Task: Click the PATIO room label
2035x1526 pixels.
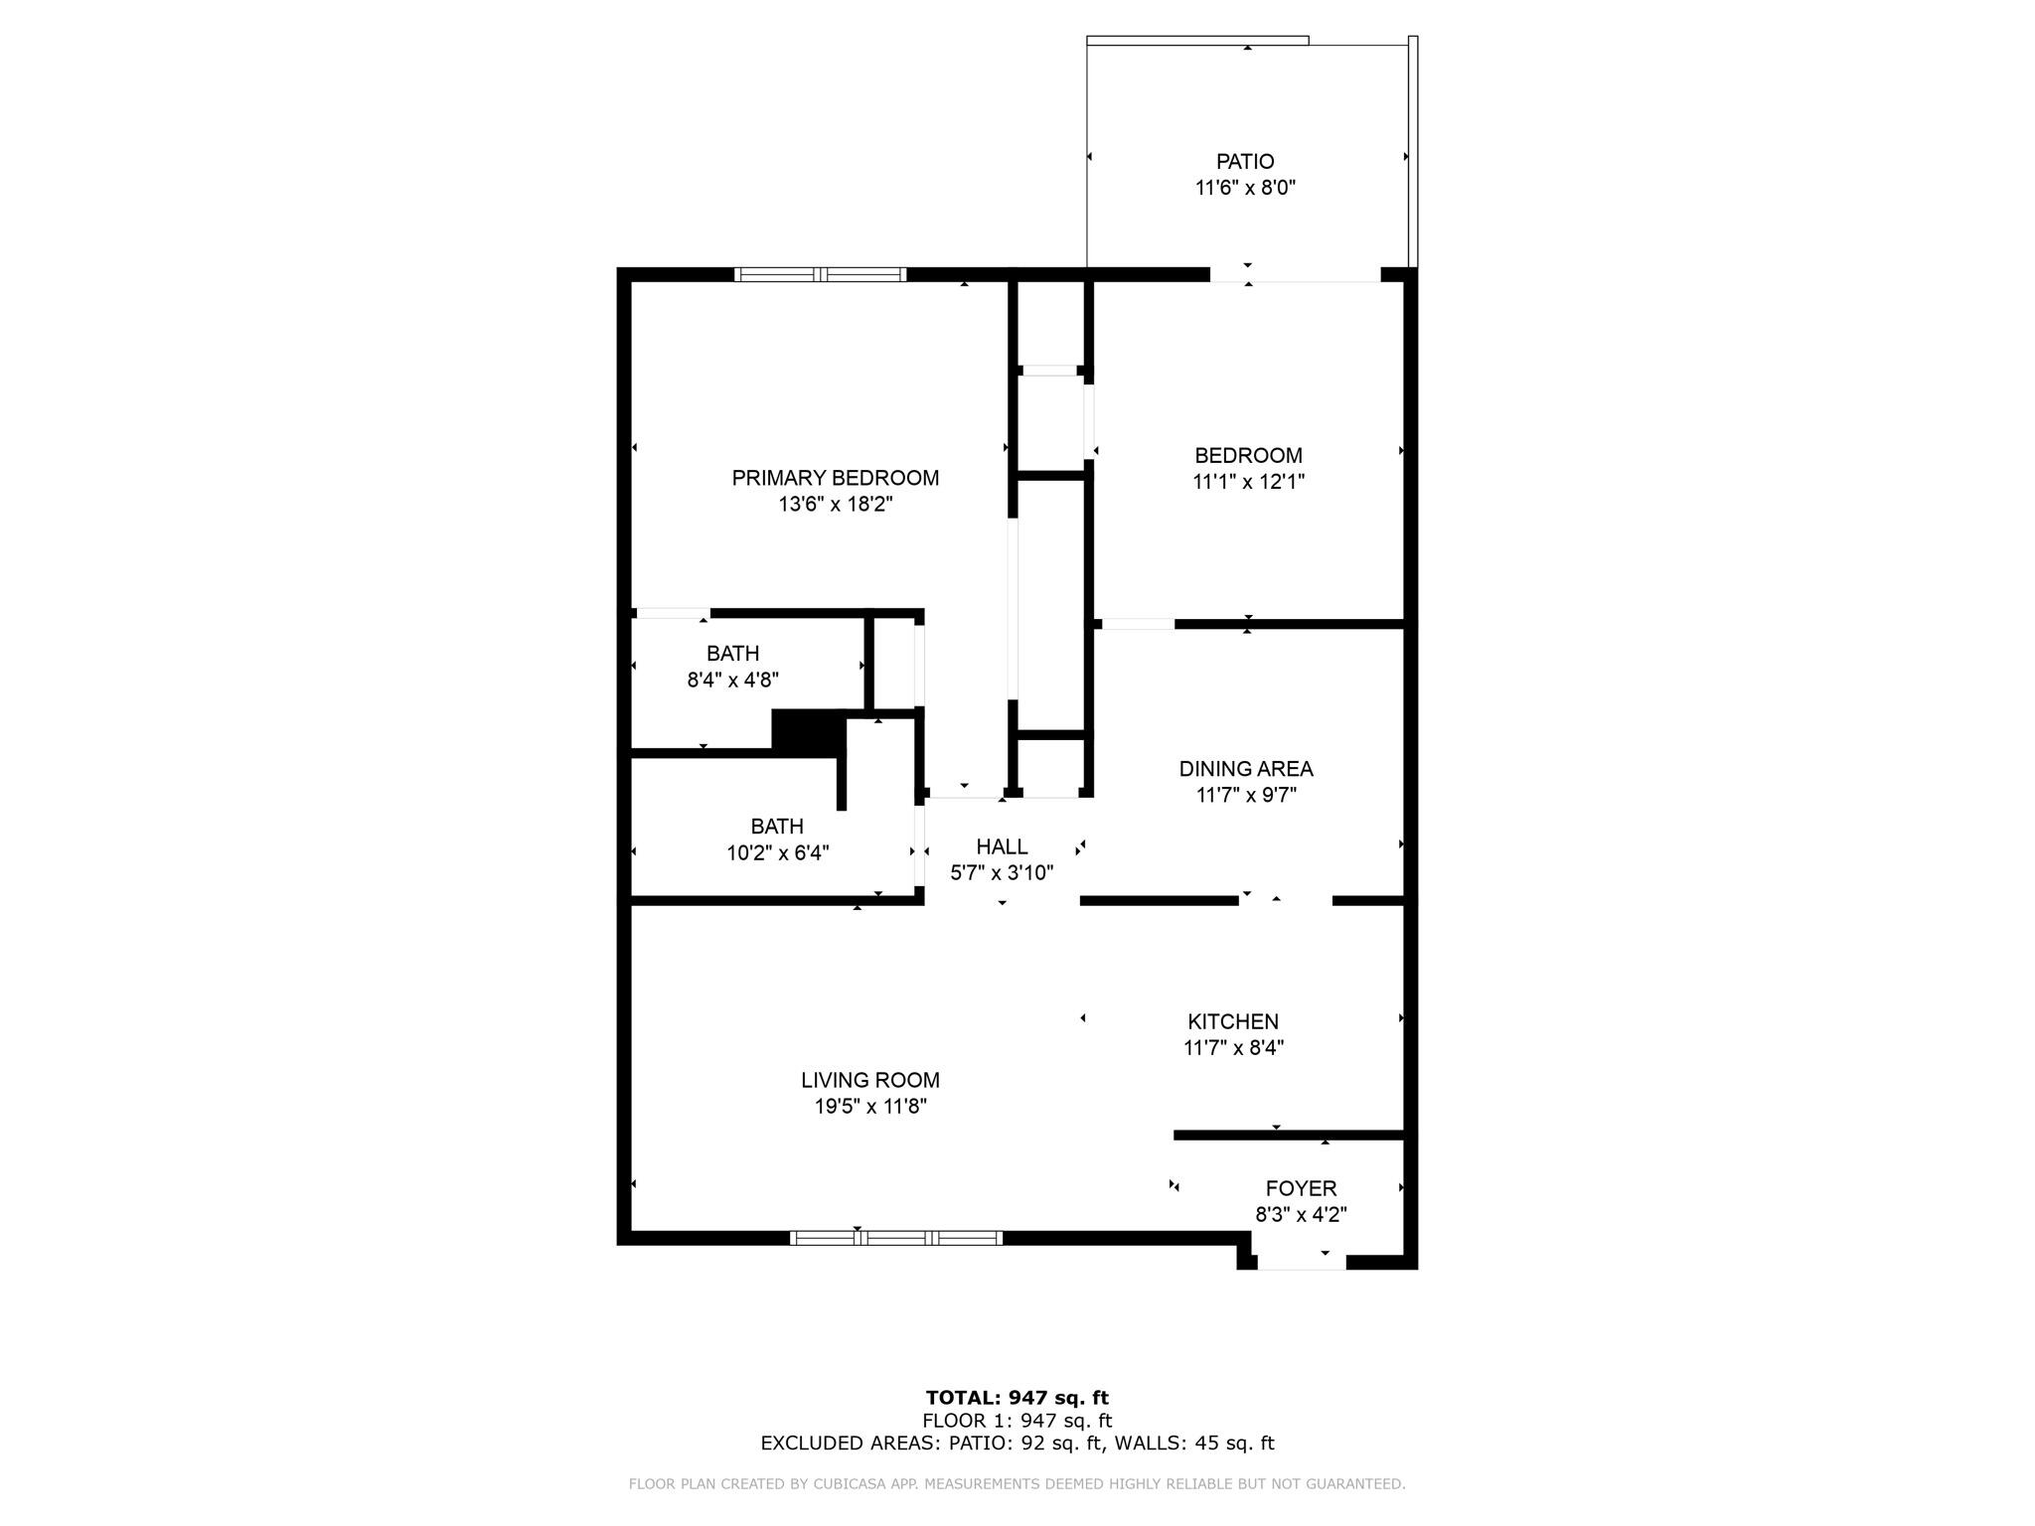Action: (x=1245, y=161)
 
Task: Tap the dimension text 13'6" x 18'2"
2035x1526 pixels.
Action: (x=835, y=505)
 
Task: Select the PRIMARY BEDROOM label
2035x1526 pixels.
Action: (x=835, y=478)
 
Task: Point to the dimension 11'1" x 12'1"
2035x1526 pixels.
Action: (x=1248, y=482)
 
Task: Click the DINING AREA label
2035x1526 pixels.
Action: (x=1245, y=769)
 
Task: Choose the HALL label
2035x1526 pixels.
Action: (x=1002, y=846)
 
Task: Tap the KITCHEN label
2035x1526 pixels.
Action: (x=1233, y=1021)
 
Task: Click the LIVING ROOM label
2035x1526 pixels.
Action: (x=870, y=1080)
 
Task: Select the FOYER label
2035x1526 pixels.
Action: (x=1301, y=1188)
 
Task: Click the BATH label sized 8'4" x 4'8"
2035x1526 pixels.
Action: (x=732, y=654)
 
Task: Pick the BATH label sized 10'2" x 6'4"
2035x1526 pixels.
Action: (x=777, y=827)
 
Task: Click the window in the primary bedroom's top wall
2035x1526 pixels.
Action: (x=820, y=275)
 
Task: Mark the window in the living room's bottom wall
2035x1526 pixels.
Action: (x=895, y=1238)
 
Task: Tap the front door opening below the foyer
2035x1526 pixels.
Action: (x=1301, y=1263)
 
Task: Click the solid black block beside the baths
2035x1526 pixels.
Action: (x=808, y=733)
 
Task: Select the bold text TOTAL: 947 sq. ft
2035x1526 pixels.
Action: (x=1017, y=1399)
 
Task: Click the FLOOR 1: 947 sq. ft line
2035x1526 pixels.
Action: (x=1017, y=1421)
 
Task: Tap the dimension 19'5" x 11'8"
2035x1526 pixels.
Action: (x=870, y=1107)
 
